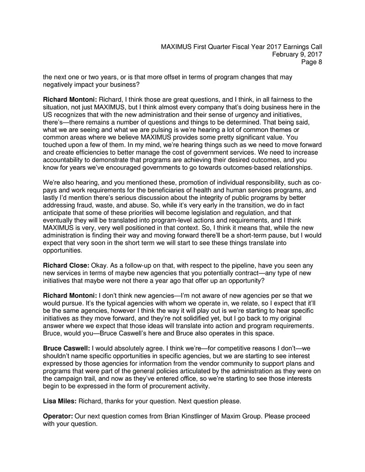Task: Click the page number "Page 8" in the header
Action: [311, 63]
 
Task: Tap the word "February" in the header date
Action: [286, 55]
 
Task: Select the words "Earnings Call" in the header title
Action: [302, 47]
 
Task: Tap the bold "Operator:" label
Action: [59, 416]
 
